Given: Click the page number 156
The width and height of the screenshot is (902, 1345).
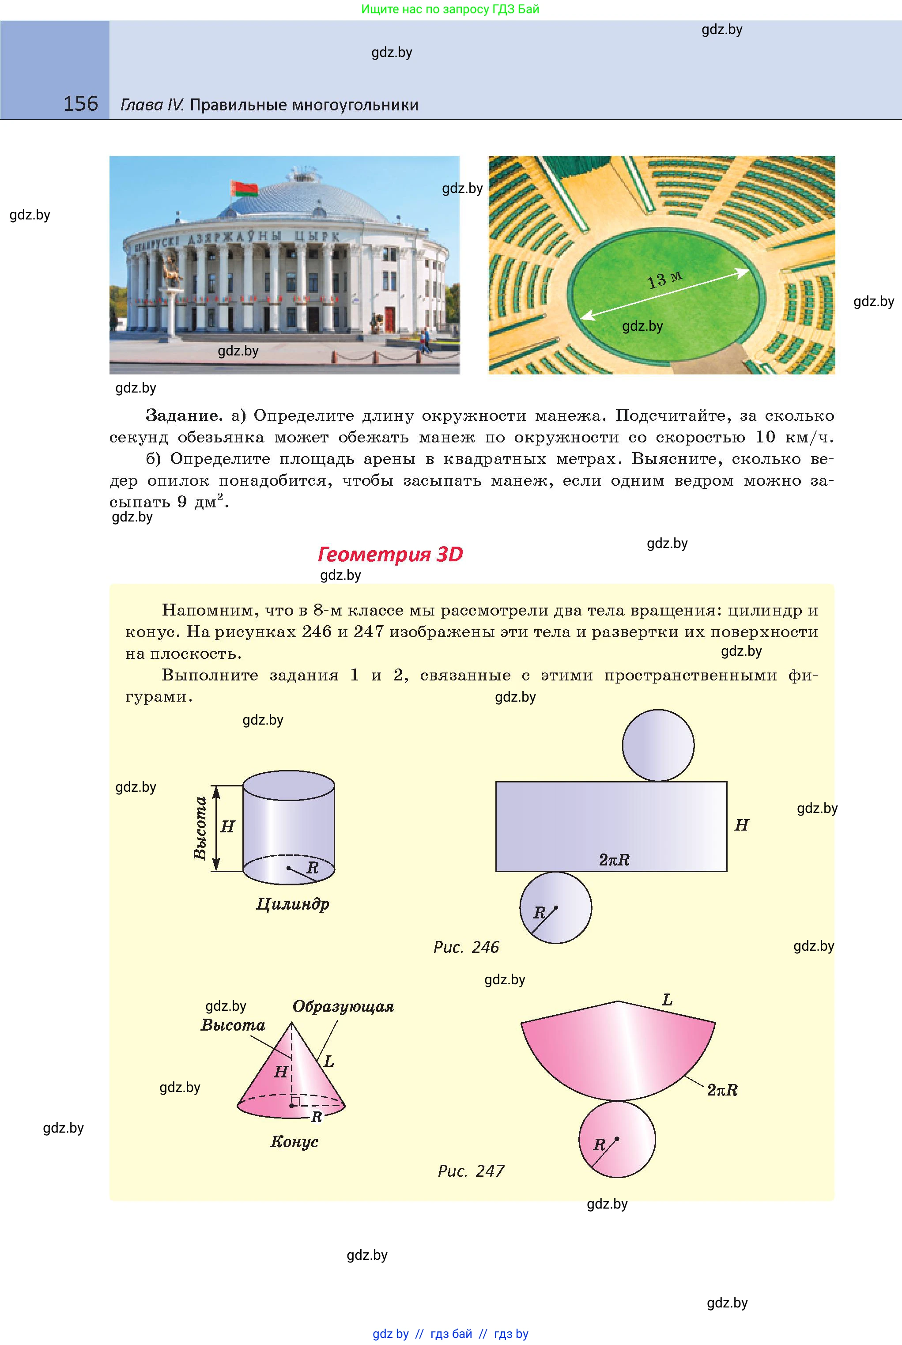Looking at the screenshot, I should pos(80,104).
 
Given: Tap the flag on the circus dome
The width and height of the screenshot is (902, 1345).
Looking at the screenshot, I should pos(243,188).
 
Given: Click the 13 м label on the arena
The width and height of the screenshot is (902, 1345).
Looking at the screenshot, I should pos(664,280).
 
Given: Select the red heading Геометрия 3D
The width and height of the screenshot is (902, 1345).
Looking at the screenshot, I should pos(390,554).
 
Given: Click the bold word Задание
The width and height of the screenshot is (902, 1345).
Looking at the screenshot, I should pos(184,416).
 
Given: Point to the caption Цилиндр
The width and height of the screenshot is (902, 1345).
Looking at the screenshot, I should pos(292,904).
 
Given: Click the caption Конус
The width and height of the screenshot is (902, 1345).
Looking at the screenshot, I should pos(294,1141).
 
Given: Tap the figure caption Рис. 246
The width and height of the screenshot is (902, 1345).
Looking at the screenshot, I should pos(466,948).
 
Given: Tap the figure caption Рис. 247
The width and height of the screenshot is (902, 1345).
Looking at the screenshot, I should pos(471,1171).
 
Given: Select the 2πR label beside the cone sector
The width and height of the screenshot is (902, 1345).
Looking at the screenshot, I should pos(722,1090).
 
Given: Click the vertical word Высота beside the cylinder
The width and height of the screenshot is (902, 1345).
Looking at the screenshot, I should pos(200,828).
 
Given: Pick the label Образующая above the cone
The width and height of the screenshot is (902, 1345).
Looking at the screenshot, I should pos(343,1007).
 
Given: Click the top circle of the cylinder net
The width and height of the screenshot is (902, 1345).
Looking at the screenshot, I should pos(658,745).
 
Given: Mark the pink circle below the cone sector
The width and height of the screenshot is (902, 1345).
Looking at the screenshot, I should pos(617,1140).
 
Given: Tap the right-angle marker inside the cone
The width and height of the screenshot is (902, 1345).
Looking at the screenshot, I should pos(294,1102).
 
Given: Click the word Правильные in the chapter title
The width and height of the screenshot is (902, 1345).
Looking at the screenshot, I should pos(238,105).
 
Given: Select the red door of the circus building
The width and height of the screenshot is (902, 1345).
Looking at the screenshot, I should pos(390,320).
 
